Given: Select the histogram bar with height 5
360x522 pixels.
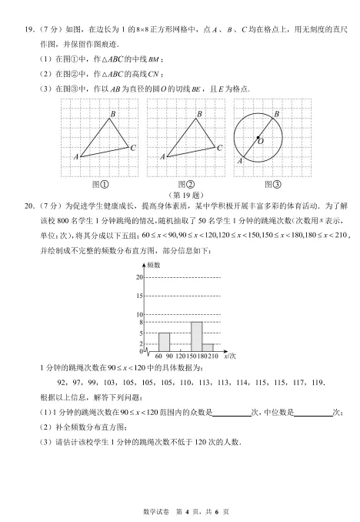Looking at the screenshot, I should tap(164, 342).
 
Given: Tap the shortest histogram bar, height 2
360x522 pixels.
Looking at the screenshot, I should tap(208, 347).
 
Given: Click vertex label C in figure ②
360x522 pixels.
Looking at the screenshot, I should tap(218, 148).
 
